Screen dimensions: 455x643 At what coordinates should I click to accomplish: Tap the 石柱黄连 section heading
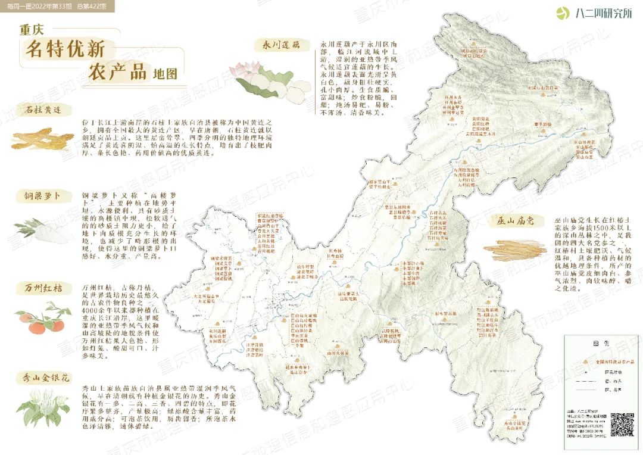pos(45,110)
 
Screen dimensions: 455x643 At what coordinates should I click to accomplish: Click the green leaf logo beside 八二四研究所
pos(562,13)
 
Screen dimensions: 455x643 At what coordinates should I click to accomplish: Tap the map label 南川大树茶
pos(337,352)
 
